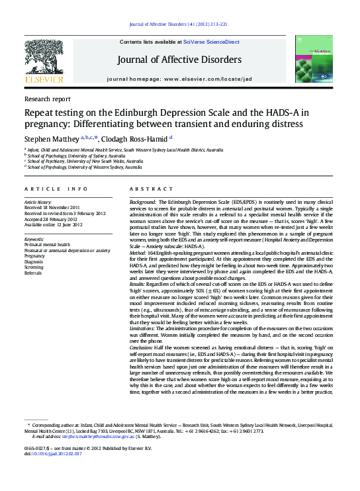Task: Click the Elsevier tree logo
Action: (44, 58)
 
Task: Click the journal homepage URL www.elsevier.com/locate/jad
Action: (208, 79)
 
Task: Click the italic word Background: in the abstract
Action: (143, 201)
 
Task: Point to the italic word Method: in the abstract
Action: (138, 252)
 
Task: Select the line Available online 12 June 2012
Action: (53, 224)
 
